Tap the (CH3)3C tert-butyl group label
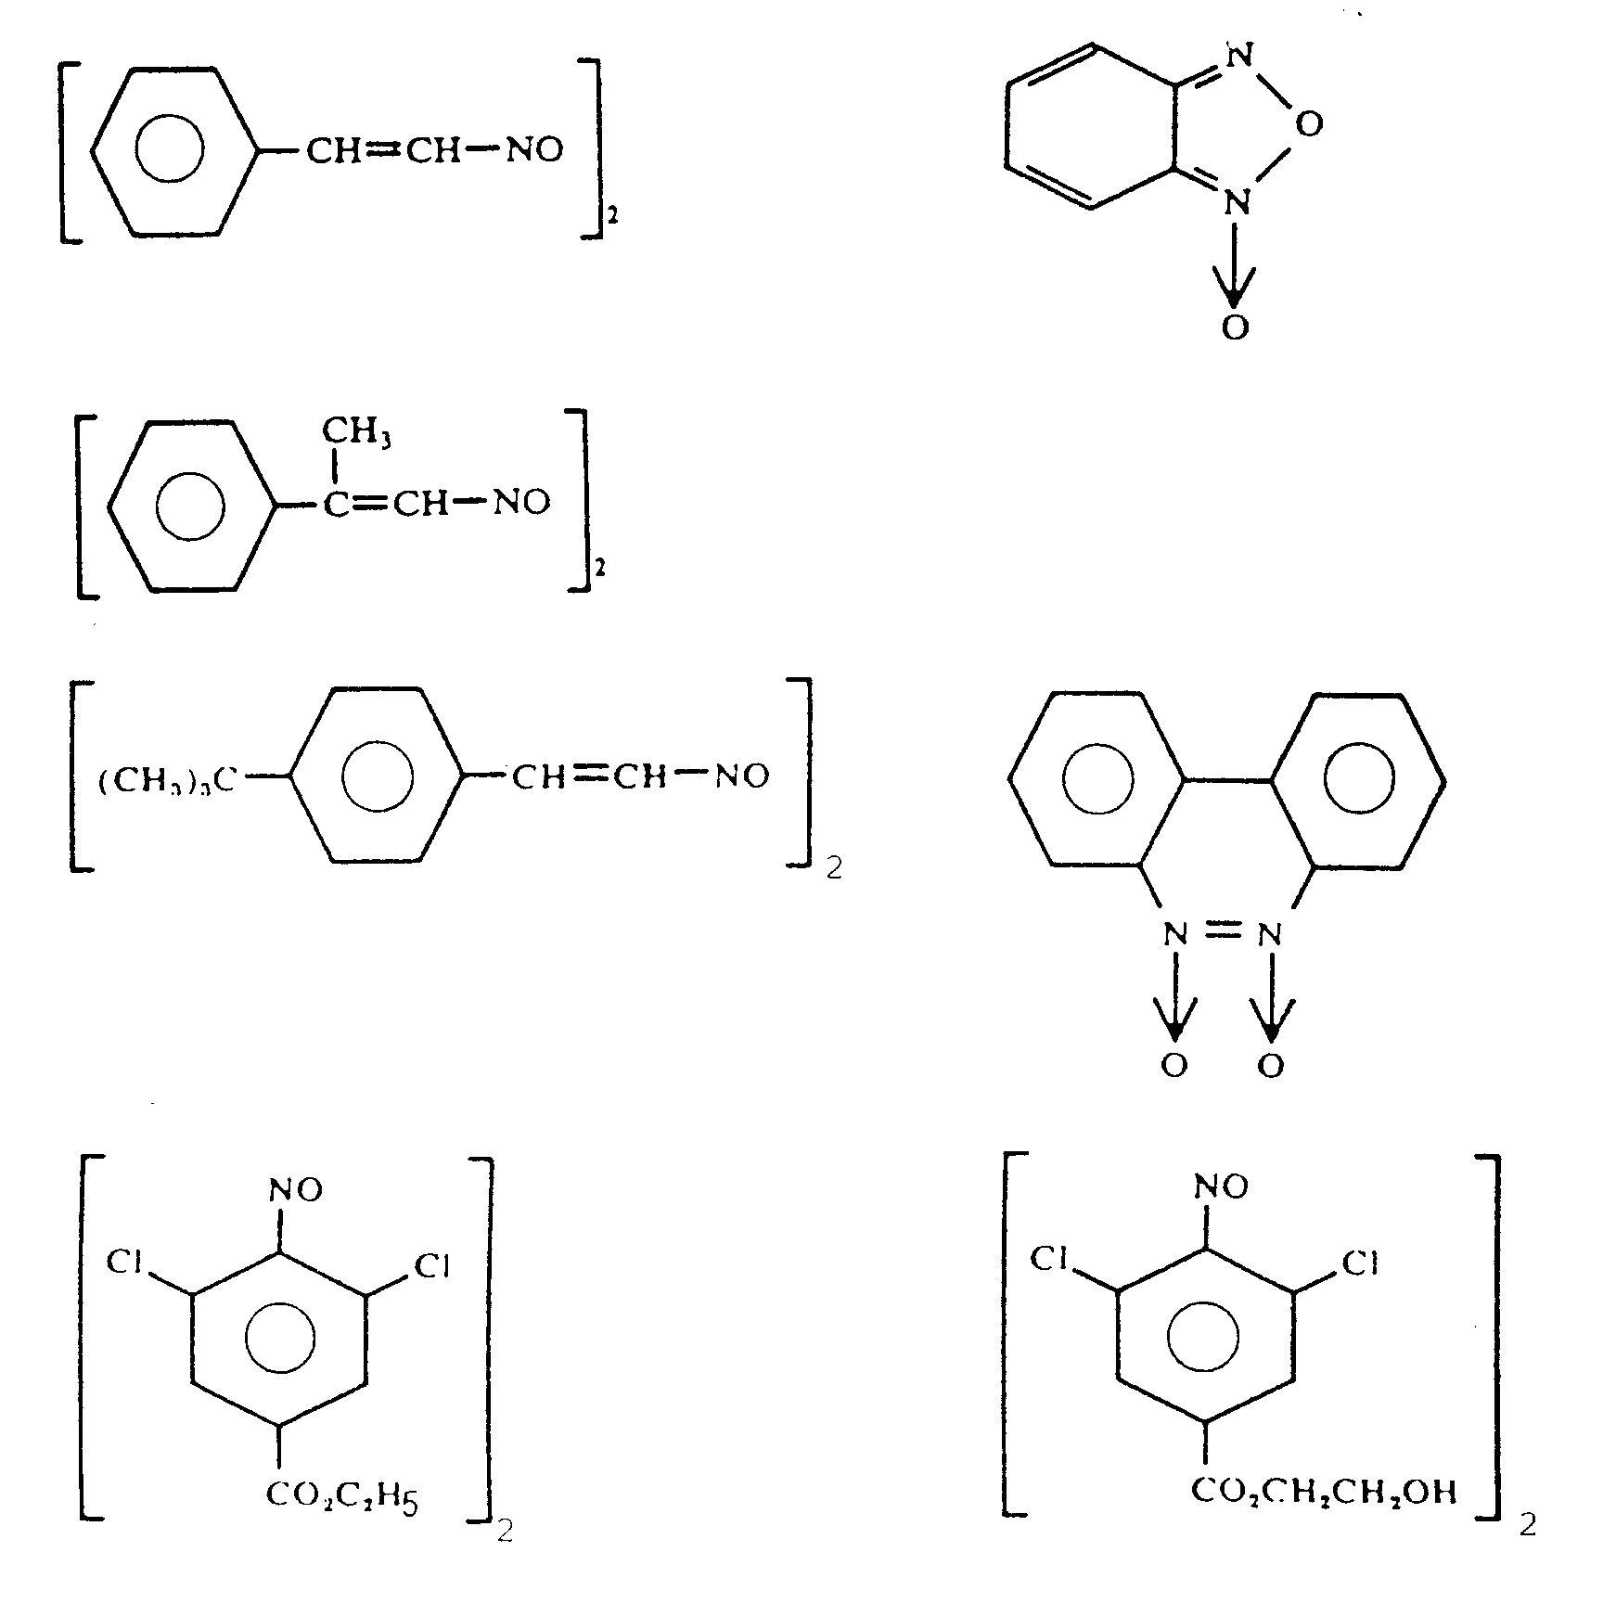168,780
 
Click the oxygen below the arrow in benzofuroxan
1235,327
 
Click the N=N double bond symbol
1223,930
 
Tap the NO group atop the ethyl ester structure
296,1190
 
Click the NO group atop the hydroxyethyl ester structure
1221,1186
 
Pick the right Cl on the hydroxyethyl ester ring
1361,1263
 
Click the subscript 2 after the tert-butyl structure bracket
834,868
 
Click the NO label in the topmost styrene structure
534,150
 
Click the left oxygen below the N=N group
1174,1066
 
